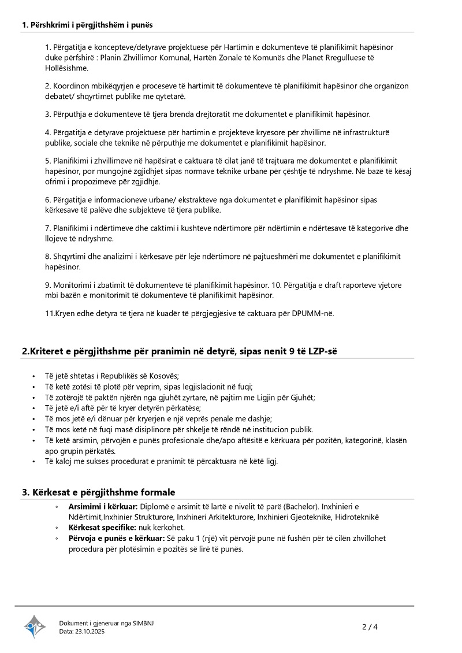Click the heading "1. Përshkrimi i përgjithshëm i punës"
pos(87,25)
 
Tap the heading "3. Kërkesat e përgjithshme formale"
pos(98,492)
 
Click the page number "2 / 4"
pos(370,626)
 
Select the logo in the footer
pos(35,626)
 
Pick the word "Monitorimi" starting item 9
pos(73,285)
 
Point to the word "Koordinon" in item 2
pos(72,86)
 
